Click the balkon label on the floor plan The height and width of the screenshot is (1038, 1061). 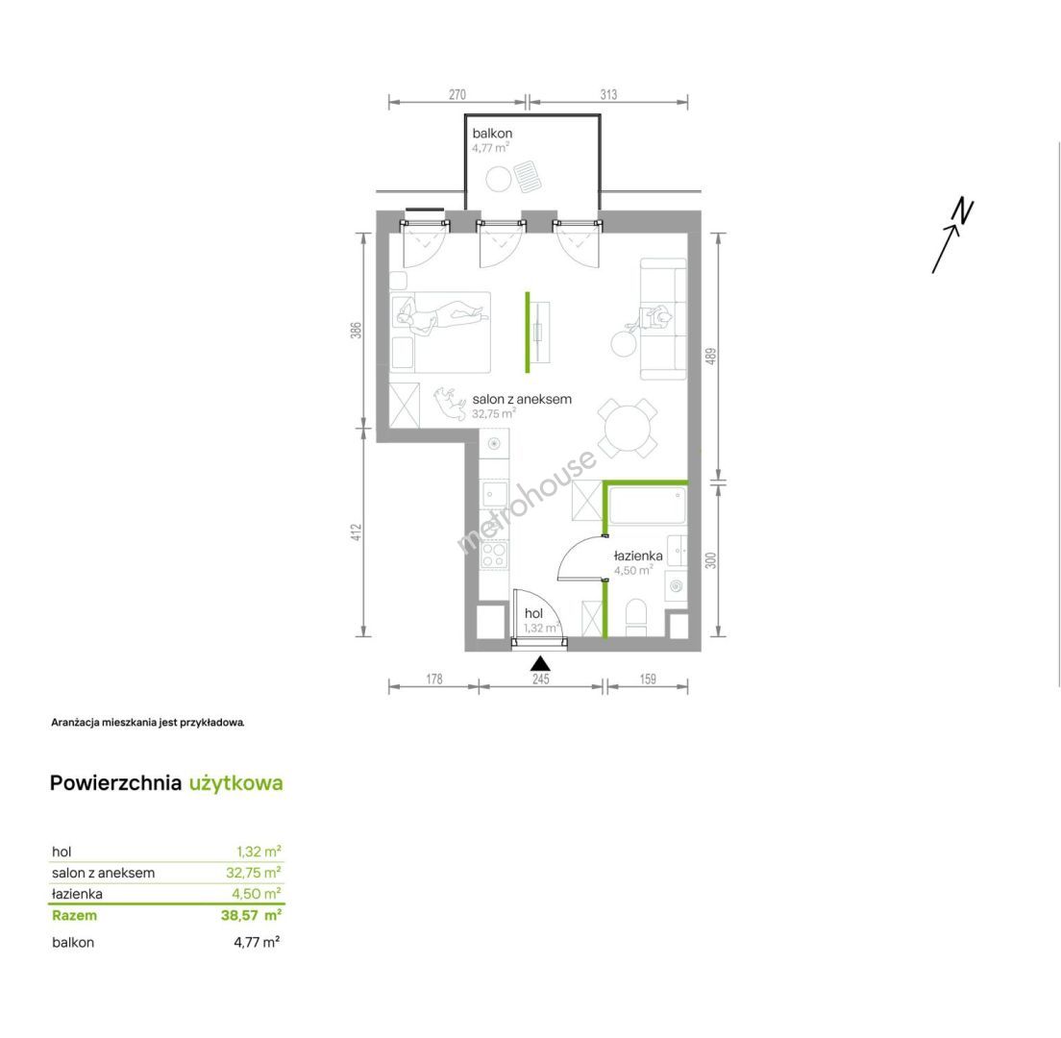point(492,134)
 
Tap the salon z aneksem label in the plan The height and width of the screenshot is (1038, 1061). point(522,399)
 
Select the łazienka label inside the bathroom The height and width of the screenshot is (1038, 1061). point(638,556)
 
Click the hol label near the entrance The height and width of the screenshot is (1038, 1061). point(534,613)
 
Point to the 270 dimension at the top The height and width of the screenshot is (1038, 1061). point(457,95)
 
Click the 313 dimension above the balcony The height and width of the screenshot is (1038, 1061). point(608,95)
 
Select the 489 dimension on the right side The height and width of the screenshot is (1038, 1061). point(710,357)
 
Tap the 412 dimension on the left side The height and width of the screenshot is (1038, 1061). point(357,532)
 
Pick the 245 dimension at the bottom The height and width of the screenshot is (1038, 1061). point(541,679)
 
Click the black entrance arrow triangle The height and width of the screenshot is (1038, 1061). point(540,664)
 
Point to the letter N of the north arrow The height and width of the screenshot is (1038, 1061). point(963,211)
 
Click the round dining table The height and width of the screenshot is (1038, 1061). point(628,428)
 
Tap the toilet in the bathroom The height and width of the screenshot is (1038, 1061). point(636,617)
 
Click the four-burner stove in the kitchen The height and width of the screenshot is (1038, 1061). point(493,555)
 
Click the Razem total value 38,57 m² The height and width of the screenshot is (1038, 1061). point(251,916)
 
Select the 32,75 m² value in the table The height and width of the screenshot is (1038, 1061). point(254,873)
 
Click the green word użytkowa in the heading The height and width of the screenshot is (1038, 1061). point(236,783)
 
